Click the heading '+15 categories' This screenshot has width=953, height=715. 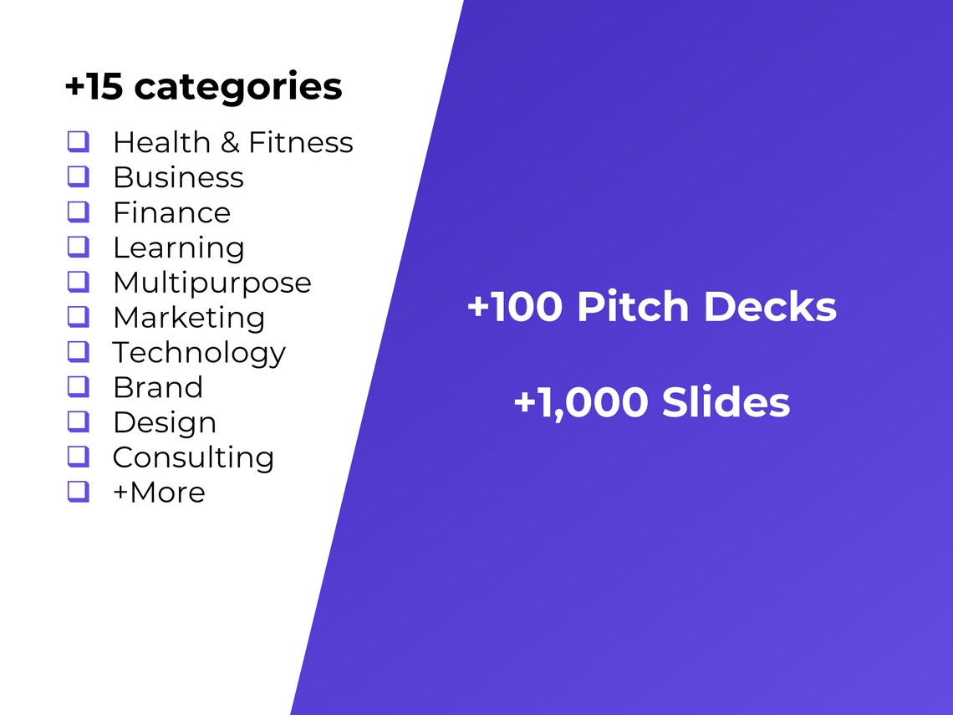click(x=203, y=87)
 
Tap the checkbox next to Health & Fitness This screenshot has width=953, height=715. click(x=78, y=141)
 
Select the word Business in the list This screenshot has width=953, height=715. click(x=178, y=177)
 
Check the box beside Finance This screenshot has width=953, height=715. click(x=78, y=212)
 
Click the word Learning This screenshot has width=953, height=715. click(x=178, y=248)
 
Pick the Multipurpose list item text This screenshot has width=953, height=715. click(x=211, y=283)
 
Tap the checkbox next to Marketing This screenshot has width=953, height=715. click(x=78, y=317)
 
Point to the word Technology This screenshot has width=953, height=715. click(x=199, y=353)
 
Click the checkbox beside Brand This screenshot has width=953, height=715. click(x=78, y=387)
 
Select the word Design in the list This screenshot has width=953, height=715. click(x=165, y=422)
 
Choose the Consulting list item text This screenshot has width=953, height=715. click(x=193, y=457)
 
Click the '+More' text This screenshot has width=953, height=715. click(x=159, y=493)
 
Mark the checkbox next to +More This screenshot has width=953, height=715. click(x=78, y=492)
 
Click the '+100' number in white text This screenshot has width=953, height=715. click(x=515, y=307)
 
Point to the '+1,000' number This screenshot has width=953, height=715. click(x=580, y=403)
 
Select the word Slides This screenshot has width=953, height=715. click(x=726, y=403)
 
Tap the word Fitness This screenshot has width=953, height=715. click(x=301, y=142)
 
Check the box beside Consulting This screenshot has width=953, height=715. click(x=78, y=457)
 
